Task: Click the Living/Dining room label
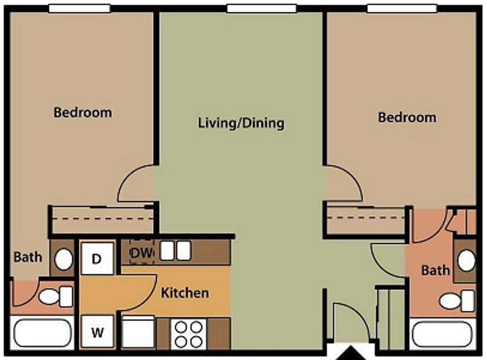point(241,123)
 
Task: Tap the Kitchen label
point(185,293)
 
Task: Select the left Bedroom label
point(83,113)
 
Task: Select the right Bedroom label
point(407,118)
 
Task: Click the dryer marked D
point(97,259)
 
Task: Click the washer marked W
point(97,332)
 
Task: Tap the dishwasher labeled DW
point(142,253)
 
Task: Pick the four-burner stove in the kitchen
point(188,334)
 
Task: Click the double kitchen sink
point(175,251)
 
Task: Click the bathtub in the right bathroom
point(442,334)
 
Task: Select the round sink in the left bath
point(63,259)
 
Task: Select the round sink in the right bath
point(466,261)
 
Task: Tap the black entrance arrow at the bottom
point(351,354)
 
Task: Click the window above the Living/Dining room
point(262,8)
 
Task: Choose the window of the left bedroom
point(79,8)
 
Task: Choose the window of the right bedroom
point(402,8)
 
